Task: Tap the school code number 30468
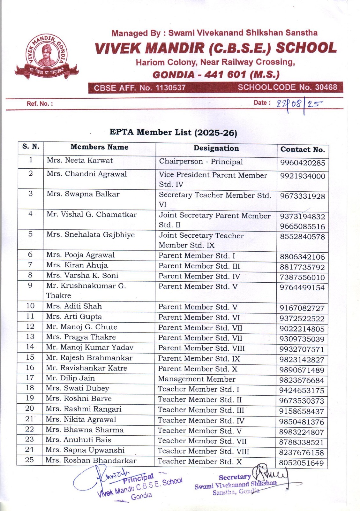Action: click(326, 87)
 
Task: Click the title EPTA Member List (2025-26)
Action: click(173, 132)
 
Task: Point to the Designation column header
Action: click(216, 148)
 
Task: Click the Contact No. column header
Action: click(302, 149)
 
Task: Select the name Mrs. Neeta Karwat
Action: click(80, 160)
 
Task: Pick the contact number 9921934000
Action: click(302, 176)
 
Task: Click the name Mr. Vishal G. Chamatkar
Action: click(92, 214)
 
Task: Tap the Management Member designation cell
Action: click(197, 379)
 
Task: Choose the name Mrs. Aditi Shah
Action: click(74, 306)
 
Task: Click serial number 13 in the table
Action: click(30, 337)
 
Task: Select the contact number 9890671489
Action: click(302, 370)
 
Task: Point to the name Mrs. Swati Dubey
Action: click(77, 388)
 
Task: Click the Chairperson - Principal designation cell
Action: click(201, 162)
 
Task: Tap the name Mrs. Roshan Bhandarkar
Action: click(91, 461)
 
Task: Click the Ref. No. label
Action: click(40, 104)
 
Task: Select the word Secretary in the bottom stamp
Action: click(235, 477)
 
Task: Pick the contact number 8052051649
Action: click(301, 463)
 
